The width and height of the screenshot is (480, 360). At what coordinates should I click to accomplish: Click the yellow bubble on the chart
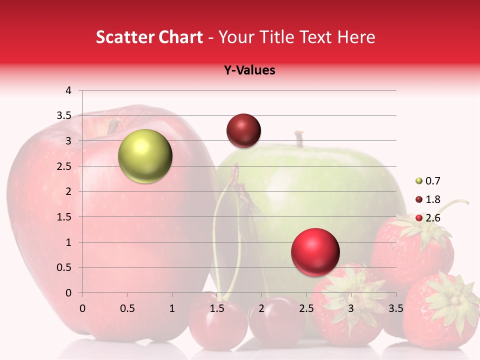145,156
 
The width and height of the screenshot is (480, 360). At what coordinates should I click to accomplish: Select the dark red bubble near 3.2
243,130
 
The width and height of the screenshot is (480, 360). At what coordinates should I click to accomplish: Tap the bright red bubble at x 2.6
315,252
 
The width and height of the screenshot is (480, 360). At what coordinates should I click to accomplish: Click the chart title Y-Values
249,70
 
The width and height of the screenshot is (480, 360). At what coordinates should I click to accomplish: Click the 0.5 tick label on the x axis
127,308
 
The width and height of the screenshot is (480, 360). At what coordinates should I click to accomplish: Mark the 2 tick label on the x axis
261,308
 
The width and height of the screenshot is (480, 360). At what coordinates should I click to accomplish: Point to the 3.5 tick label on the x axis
395,308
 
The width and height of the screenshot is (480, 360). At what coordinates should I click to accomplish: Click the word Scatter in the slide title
120,37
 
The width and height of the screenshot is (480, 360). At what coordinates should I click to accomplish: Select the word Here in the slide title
355,37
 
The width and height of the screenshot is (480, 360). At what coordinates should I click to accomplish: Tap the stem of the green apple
299,138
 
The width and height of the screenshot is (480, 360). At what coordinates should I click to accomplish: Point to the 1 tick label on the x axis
172,308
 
